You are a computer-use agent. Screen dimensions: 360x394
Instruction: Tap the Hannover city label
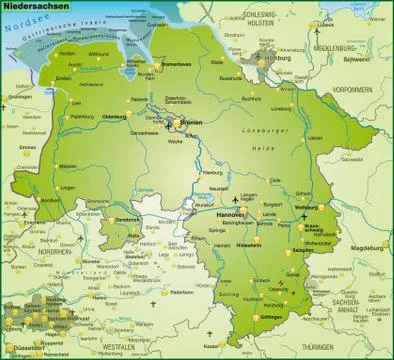click(x=231, y=214)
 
